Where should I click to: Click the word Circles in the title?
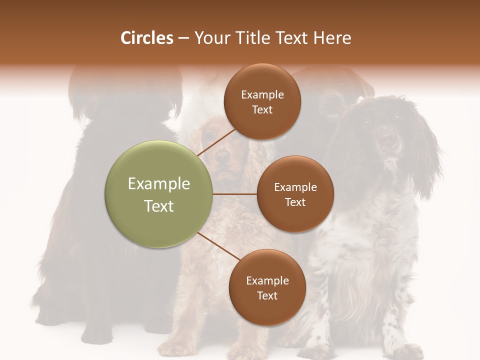click(x=146, y=38)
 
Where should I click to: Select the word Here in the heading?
click(x=331, y=38)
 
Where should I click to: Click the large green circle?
click(x=158, y=194)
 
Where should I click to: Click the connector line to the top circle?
click(x=216, y=141)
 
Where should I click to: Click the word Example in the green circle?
click(x=158, y=184)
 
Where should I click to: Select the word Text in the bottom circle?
click(x=267, y=295)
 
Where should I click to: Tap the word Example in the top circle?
click(x=262, y=95)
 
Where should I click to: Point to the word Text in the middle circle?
click(x=295, y=202)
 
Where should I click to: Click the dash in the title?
click(x=183, y=38)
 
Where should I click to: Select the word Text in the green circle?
click(x=158, y=206)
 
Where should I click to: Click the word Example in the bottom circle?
click(x=267, y=281)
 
